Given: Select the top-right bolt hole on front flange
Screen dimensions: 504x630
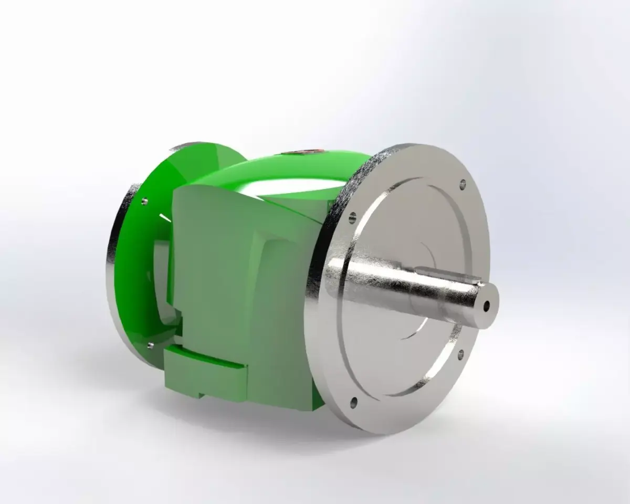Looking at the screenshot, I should [462, 184].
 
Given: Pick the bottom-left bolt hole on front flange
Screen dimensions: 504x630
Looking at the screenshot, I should [353, 402].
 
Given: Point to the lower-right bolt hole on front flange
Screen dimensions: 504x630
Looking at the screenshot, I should [461, 352].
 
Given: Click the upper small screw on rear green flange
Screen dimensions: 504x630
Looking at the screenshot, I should [143, 200].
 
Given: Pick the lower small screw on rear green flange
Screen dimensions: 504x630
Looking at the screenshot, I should [151, 345].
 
